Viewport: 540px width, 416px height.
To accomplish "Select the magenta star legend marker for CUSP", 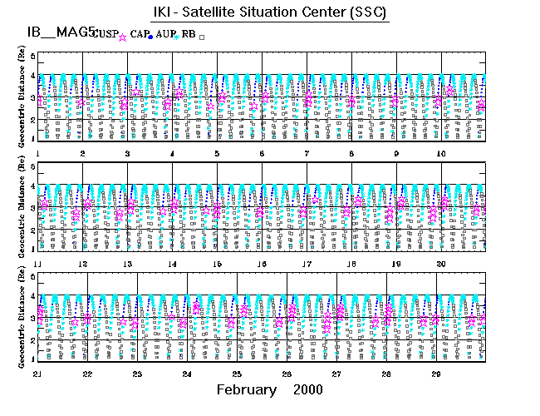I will (123, 37).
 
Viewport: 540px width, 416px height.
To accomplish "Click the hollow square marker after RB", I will (202, 37).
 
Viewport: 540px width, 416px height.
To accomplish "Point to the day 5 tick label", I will (217, 154).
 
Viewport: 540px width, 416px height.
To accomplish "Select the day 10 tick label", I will (440, 154).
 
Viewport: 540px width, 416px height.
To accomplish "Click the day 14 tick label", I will (172, 264).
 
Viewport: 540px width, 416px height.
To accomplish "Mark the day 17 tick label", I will (307, 264).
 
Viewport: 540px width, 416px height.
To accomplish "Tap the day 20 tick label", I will (440, 264).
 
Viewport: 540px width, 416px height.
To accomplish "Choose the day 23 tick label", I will (137, 374).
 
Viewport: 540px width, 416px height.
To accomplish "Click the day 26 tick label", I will (287, 374).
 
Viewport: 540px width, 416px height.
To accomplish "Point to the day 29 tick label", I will (436, 374).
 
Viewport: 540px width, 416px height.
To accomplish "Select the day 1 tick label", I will (38, 154).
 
